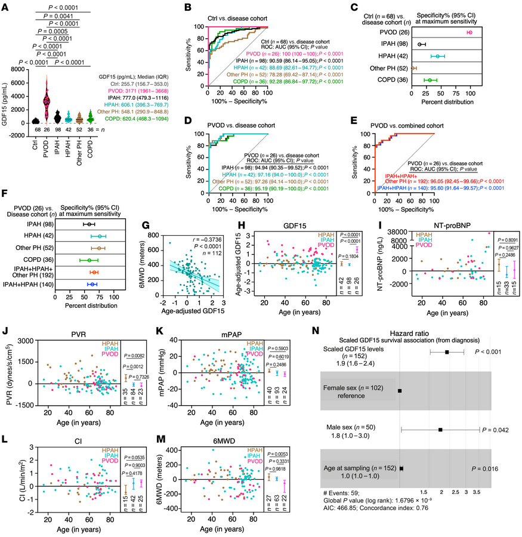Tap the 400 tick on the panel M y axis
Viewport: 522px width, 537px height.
pyautogui.click(x=188, y=449)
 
